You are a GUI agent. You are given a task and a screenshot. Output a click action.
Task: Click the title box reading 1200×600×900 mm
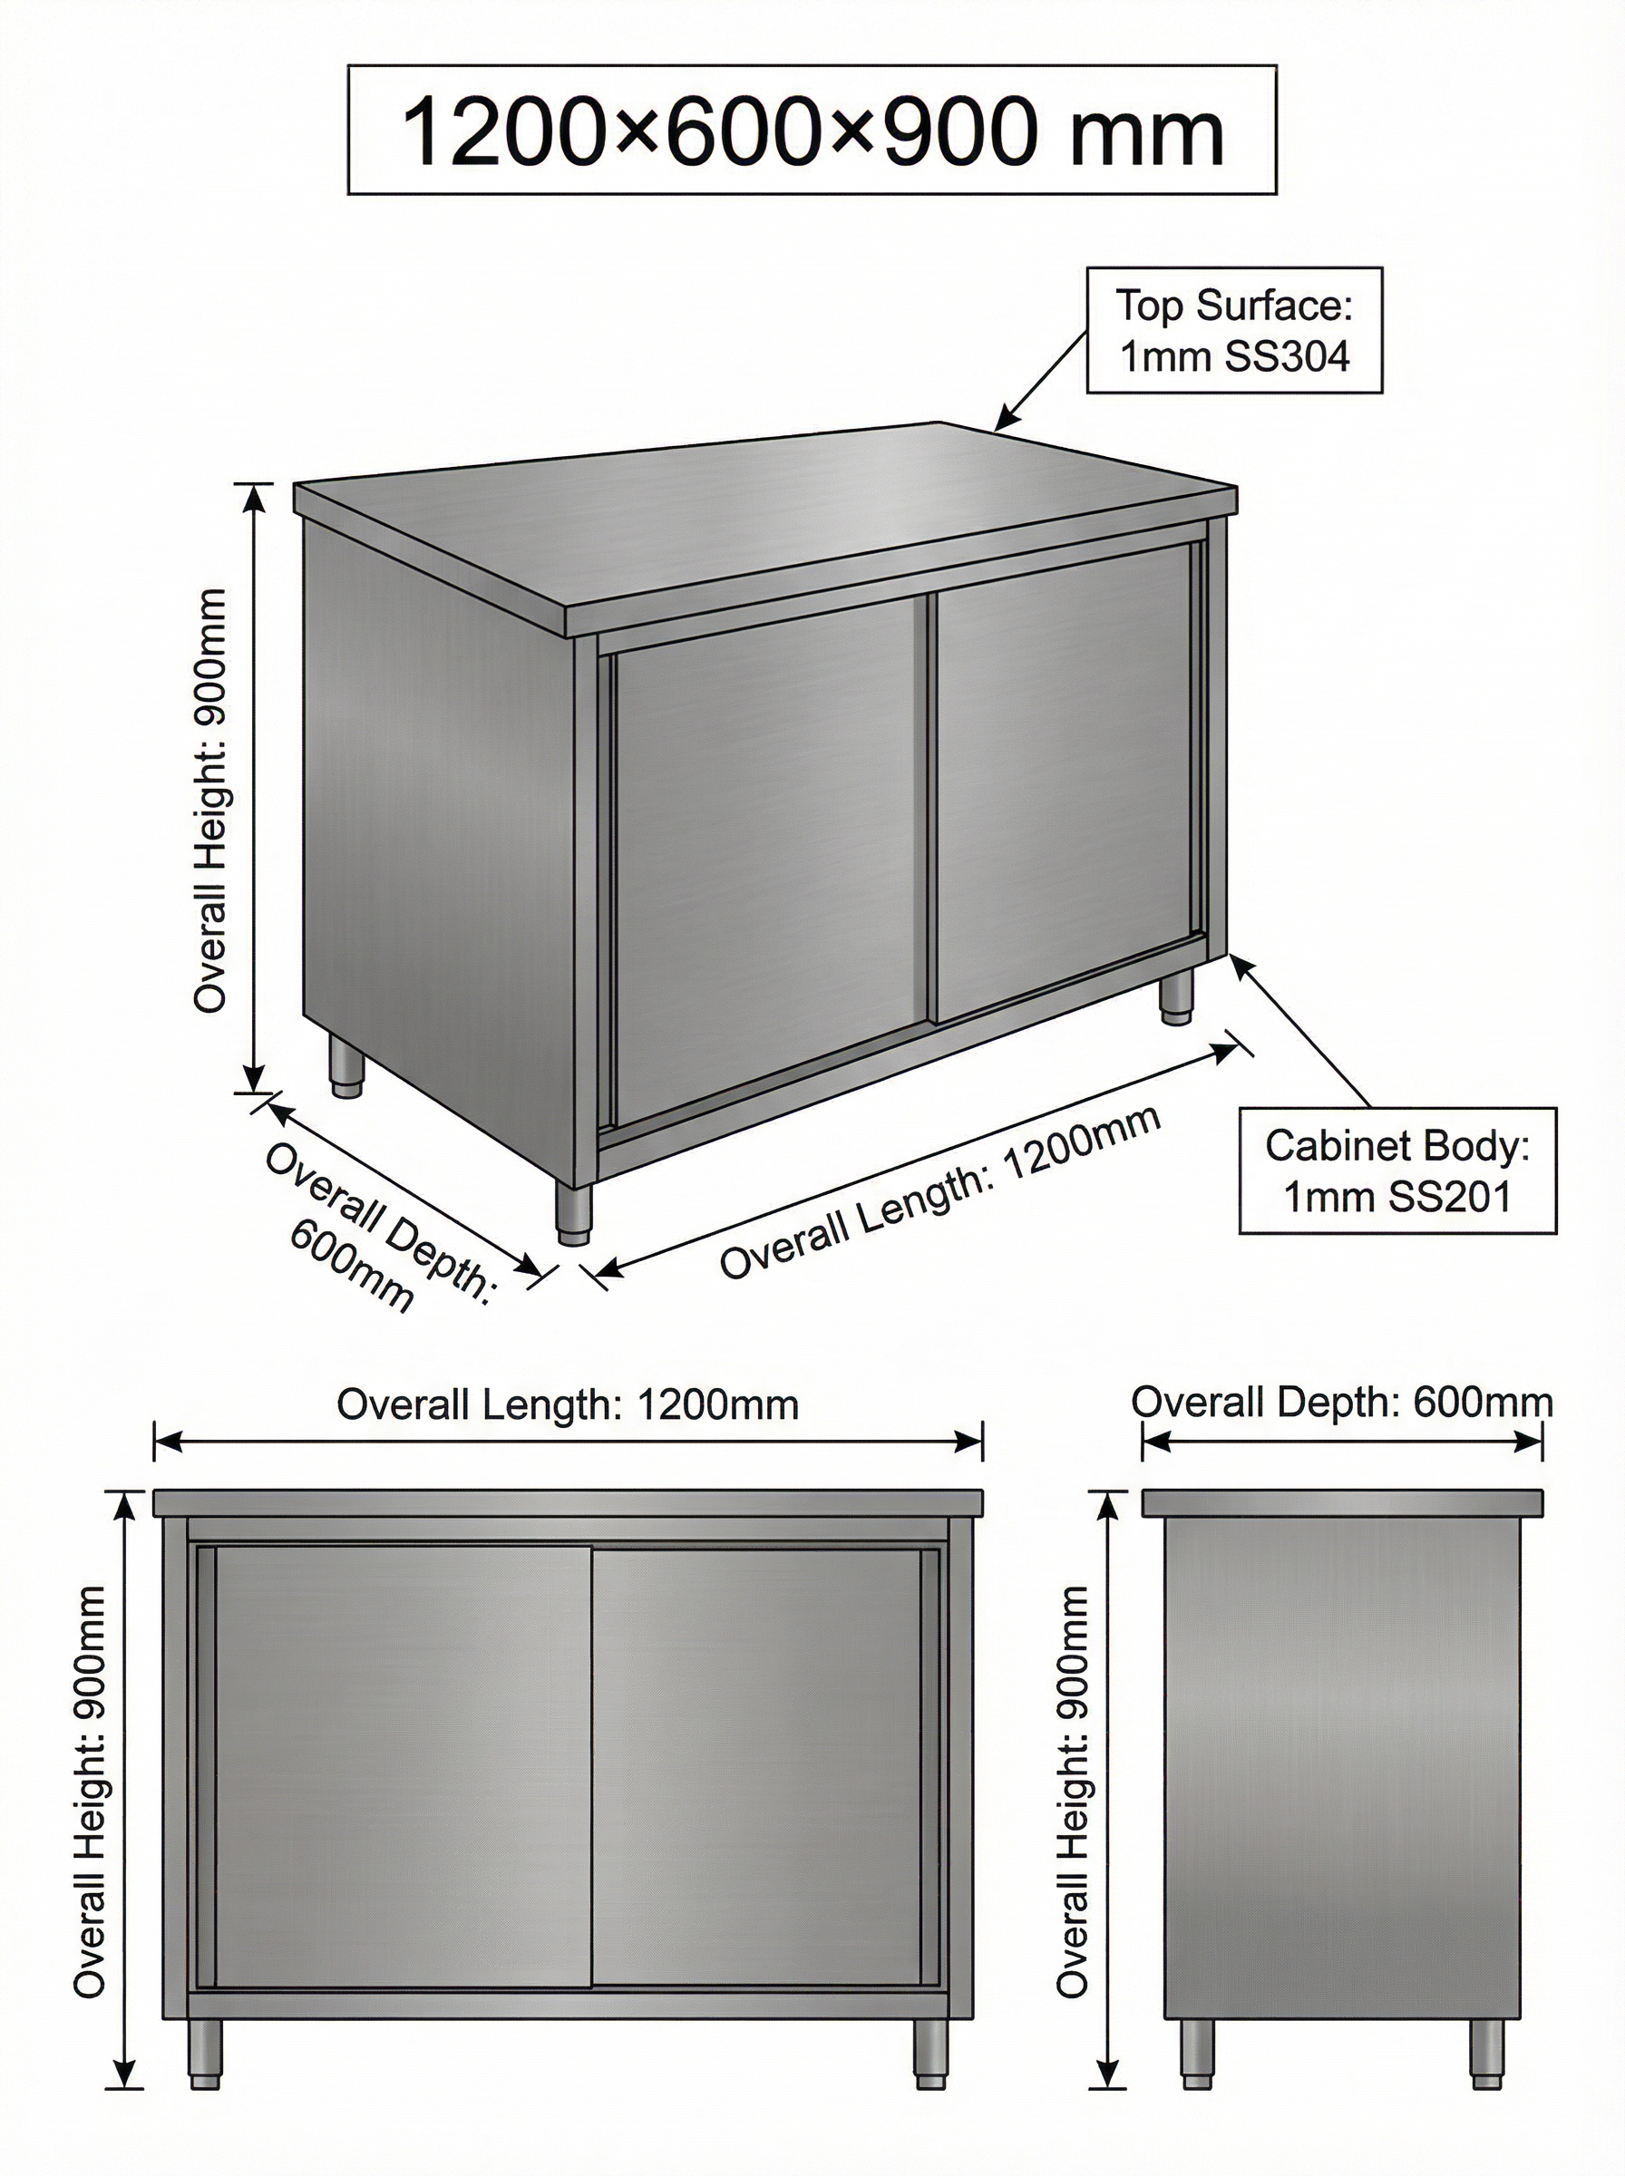(x=812, y=130)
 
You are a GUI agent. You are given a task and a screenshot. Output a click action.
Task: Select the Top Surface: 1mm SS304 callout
(x=1233, y=330)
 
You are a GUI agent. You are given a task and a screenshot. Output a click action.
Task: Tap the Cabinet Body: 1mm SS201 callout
(x=1396, y=1171)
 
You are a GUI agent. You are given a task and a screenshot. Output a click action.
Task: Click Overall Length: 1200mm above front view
(x=568, y=1404)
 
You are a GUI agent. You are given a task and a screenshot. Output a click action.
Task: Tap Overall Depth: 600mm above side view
(x=1342, y=1401)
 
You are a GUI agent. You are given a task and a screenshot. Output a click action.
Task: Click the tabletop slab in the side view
(x=1342, y=1501)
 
